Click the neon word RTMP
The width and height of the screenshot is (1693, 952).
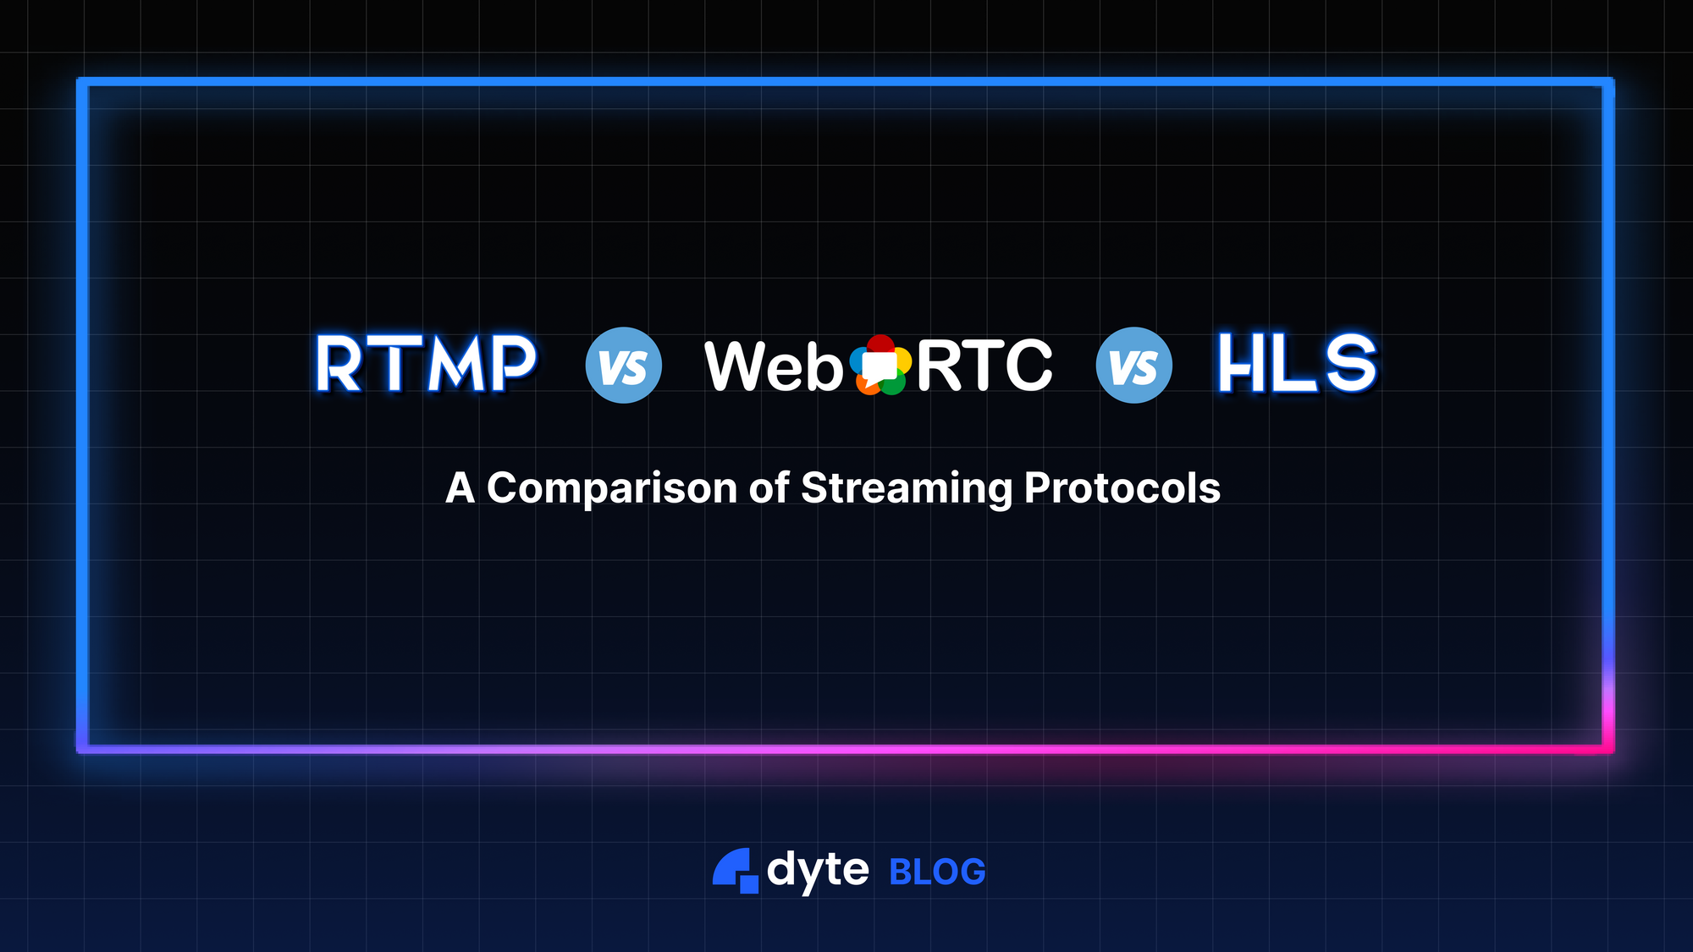click(426, 364)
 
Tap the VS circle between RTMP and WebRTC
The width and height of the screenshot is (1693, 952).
click(624, 366)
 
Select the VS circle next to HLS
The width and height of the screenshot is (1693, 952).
click(1134, 366)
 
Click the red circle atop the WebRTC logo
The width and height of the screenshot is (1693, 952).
click(880, 344)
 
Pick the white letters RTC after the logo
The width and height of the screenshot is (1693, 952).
click(984, 366)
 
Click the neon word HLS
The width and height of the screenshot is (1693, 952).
click(1297, 363)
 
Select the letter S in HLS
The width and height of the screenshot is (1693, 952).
click(1351, 363)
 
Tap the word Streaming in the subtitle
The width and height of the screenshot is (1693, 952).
click(906, 489)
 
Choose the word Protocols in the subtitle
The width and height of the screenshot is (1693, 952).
click(1122, 488)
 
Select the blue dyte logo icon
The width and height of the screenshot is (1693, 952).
click(735, 871)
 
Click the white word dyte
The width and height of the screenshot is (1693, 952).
click(818, 870)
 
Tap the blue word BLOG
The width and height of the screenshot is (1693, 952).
click(938, 872)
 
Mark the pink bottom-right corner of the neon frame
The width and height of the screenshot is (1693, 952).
click(1608, 749)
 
